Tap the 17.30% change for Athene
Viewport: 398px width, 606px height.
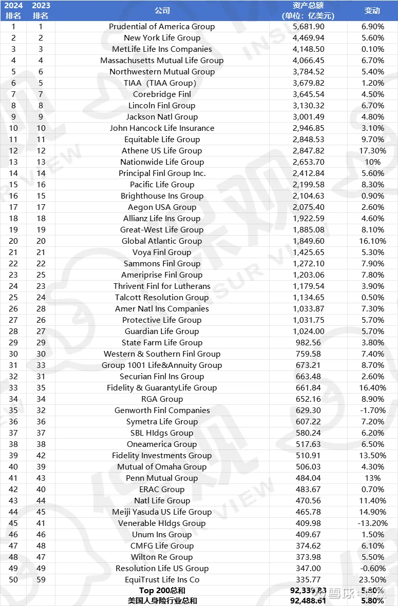372,151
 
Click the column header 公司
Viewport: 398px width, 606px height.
162,10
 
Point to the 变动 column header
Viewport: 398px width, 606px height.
372,10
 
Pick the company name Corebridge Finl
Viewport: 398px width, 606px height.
162,94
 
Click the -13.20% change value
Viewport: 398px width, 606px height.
372,523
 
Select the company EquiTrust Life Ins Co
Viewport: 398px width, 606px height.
162,580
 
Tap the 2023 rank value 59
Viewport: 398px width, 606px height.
41,580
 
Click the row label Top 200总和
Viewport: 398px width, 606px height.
162,591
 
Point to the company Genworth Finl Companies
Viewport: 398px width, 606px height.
162,410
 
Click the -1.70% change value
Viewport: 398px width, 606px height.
372,410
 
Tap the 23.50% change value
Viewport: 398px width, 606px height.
372,580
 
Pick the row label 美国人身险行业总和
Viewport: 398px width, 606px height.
162,601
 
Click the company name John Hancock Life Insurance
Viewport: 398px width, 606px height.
162,128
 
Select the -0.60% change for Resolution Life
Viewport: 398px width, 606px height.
372,569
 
